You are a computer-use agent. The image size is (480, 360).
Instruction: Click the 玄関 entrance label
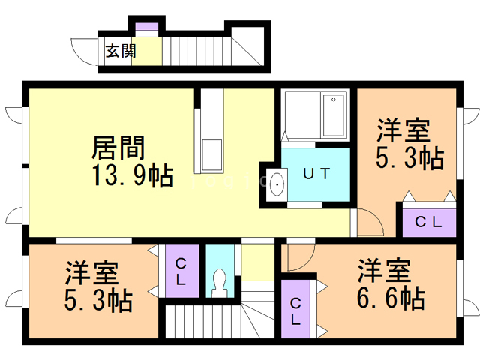(x=121, y=51)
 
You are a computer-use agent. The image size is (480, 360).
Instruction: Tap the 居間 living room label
(x=118, y=148)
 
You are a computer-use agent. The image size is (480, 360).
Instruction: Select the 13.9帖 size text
(x=133, y=175)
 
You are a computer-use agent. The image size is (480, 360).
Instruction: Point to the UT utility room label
(x=316, y=174)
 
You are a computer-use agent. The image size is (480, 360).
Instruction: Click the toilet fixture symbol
(x=220, y=283)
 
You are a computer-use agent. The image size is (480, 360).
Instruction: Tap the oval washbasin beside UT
(x=277, y=184)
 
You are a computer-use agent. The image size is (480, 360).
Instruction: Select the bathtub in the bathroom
(x=333, y=115)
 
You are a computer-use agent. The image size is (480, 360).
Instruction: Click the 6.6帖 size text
(x=391, y=298)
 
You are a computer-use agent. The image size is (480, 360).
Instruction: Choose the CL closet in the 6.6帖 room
(x=295, y=309)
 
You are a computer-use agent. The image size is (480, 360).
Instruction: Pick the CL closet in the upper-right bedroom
(x=429, y=223)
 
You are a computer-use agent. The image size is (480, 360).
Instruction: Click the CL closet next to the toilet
(x=182, y=271)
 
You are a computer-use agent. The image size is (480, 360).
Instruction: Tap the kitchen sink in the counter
(x=211, y=154)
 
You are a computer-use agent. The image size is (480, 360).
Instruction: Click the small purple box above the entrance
(x=147, y=26)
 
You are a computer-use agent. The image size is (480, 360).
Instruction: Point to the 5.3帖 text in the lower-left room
(x=98, y=300)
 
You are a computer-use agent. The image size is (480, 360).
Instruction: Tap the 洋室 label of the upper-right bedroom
(x=403, y=130)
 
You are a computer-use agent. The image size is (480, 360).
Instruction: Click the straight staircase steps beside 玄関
(x=196, y=51)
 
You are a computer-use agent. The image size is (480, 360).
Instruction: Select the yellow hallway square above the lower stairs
(x=258, y=262)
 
